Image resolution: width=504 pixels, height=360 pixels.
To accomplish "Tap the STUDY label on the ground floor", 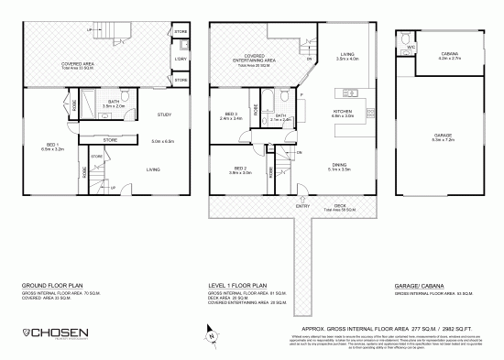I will pos(165,114).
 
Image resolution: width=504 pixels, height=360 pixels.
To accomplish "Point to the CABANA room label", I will pos(449,54).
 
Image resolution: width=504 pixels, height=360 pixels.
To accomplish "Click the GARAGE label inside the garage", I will pos(443,135).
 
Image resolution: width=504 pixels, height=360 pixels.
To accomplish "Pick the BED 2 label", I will pos(240,169).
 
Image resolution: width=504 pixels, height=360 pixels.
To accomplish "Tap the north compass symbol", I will pos(212,335).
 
